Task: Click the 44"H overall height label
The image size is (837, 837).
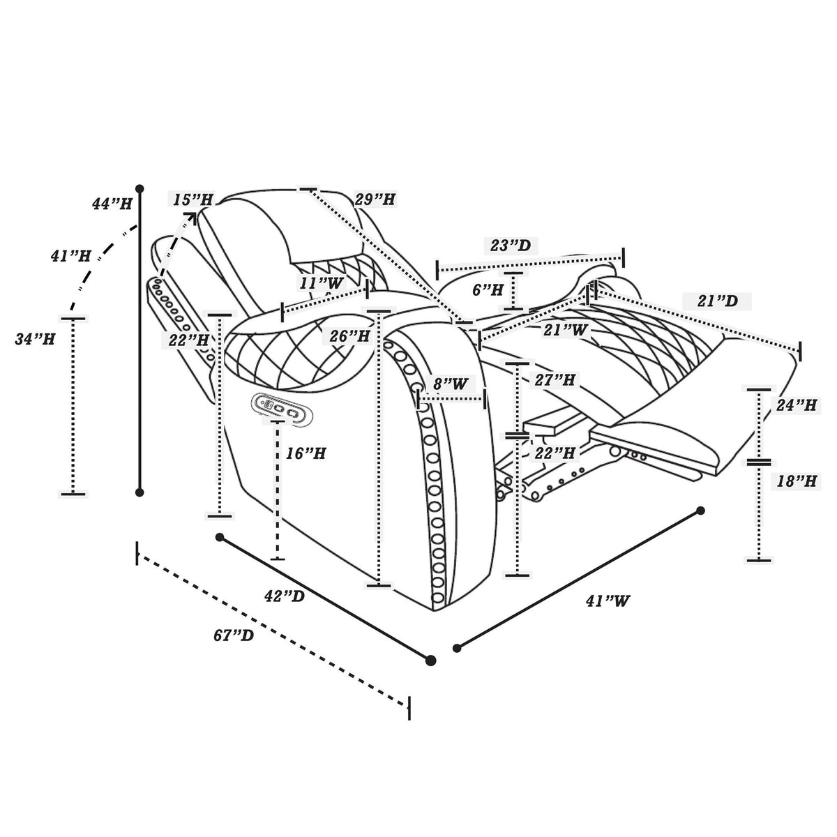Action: [x=112, y=203]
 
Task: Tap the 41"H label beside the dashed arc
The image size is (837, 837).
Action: [x=70, y=256]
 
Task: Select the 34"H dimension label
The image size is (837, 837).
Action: [x=35, y=339]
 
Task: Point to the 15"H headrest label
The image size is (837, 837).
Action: [x=193, y=199]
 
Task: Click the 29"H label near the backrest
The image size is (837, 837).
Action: [x=375, y=199]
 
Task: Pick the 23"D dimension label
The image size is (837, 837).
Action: [x=511, y=246]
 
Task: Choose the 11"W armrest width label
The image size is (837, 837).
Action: [x=322, y=283]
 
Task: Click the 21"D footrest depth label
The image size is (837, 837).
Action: [x=718, y=301]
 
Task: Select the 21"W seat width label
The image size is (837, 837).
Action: [x=566, y=330]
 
